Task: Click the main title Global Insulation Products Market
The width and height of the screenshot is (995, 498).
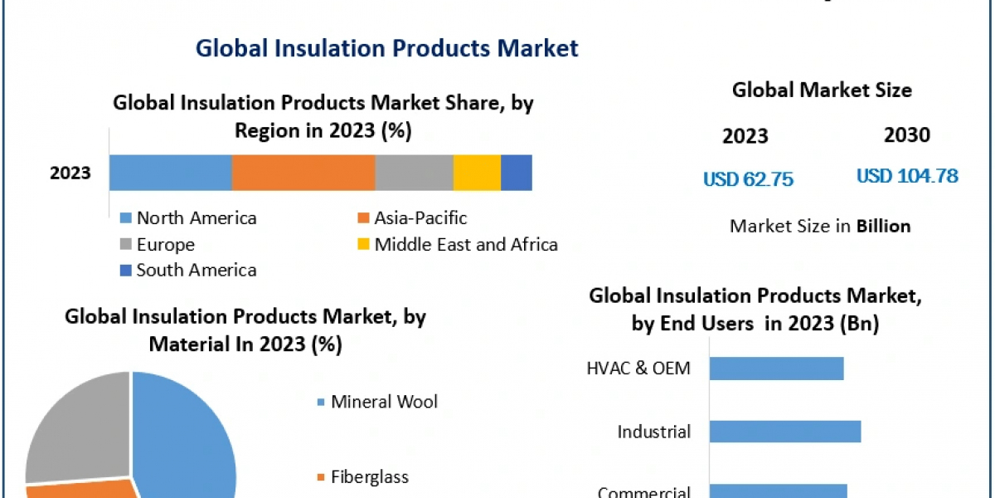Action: coord(386,48)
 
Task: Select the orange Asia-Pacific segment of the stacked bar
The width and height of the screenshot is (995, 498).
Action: coord(303,173)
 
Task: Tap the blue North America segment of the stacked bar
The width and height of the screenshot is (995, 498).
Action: coord(170,173)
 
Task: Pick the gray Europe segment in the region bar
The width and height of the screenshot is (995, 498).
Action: coord(414,173)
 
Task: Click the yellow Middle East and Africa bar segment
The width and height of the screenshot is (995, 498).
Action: coord(477,173)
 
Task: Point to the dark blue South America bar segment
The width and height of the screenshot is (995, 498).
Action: coord(516,173)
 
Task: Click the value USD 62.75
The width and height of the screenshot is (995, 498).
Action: coord(748,178)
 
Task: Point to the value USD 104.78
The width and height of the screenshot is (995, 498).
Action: coord(907,176)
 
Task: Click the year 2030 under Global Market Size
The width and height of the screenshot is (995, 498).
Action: coord(906,135)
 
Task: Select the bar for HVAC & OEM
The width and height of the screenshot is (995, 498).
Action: coord(776,369)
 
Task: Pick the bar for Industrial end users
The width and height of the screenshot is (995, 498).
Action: coord(784,432)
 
